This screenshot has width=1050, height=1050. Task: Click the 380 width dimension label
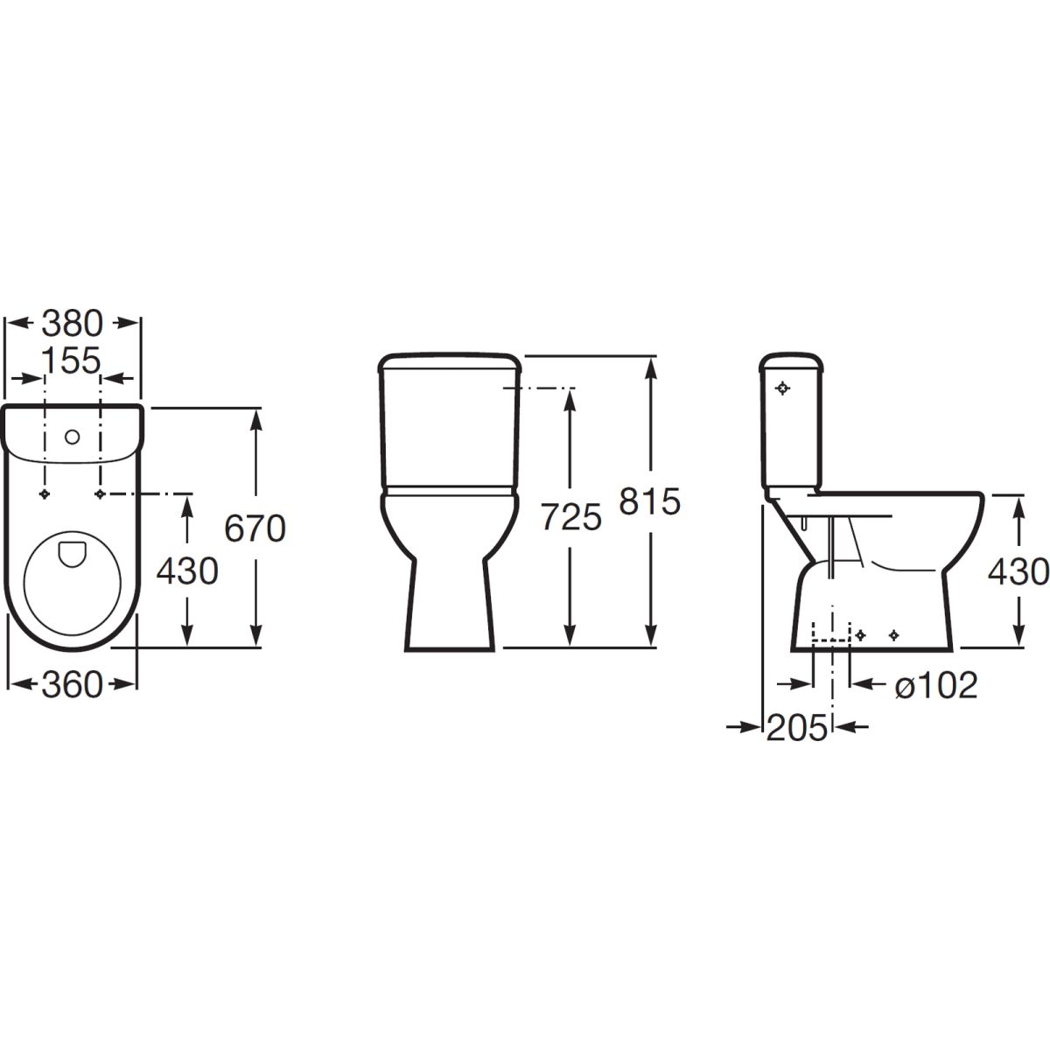pyautogui.click(x=72, y=323)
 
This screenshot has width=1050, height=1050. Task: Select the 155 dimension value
pyautogui.click(x=72, y=360)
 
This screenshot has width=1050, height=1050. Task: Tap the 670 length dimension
pyautogui.click(x=255, y=528)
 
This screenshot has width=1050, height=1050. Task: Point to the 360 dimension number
pyautogui.click(x=72, y=685)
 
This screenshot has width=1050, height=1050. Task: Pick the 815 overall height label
pyautogui.click(x=650, y=501)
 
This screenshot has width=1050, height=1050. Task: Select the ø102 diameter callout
pyautogui.click(x=936, y=685)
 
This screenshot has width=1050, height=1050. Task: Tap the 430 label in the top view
pyautogui.click(x=187, y=571)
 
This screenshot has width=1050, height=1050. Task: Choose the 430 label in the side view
pyautogui.click(x=1018, y=572)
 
